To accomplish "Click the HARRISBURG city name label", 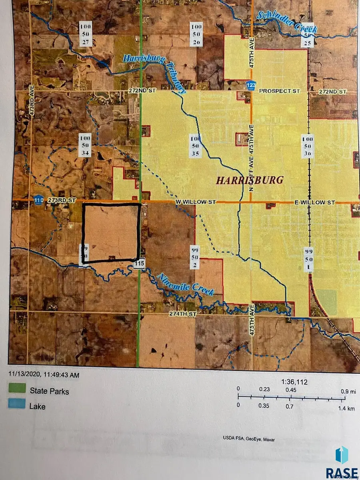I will click(250, 180).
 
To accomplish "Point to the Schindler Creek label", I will click(287, 22).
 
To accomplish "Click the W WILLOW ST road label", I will click(196, 202).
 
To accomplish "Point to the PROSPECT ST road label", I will click(279, 91).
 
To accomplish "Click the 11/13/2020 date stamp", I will click(44, 375).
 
